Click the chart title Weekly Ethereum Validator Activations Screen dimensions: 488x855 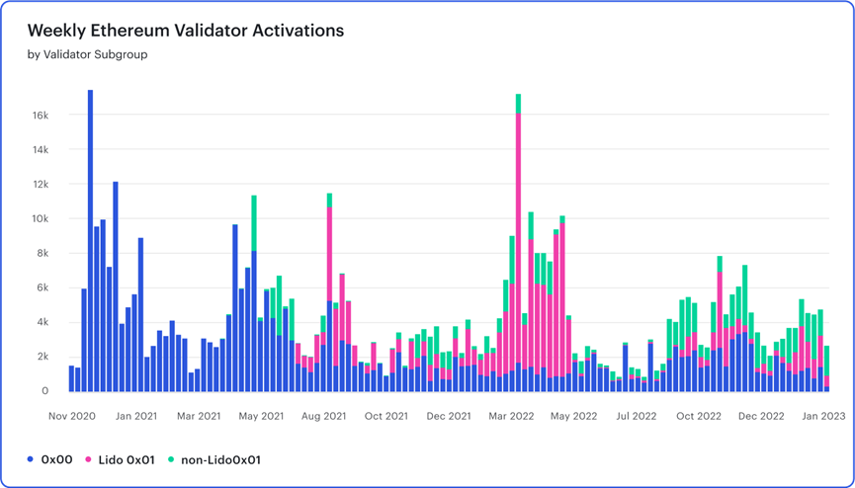click(186, 31)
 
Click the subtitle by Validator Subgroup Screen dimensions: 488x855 click(87, 55)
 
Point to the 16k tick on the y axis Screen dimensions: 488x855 click(40, 116)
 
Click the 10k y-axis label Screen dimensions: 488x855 click(40, 219)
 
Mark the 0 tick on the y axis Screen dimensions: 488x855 click(45, 391)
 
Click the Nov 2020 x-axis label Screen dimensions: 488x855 click(72, 416)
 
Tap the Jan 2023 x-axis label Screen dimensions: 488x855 click(823, 416)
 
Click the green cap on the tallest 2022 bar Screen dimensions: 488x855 click(518, 104)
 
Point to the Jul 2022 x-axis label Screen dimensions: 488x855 click(637, 416)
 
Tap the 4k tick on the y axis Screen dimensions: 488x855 click(42, 322)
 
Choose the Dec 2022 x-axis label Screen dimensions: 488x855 click(761, 416)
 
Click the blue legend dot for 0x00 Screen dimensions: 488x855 click(32, 459)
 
